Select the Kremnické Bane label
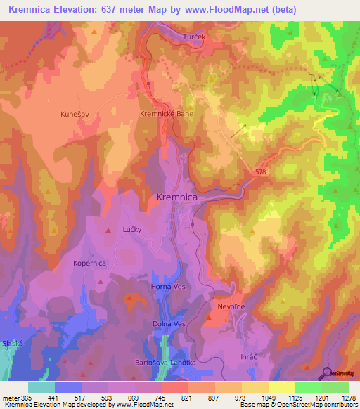pyautogui.click(x=166, y=112)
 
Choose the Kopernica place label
pyautogui.click(x=89, y=263)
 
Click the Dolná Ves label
pyautogui.click(x=169, y=324)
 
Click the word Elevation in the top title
pyautogui.click(x=82, y=10)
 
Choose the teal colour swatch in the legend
pyautogui.click(x=41, y=387)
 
